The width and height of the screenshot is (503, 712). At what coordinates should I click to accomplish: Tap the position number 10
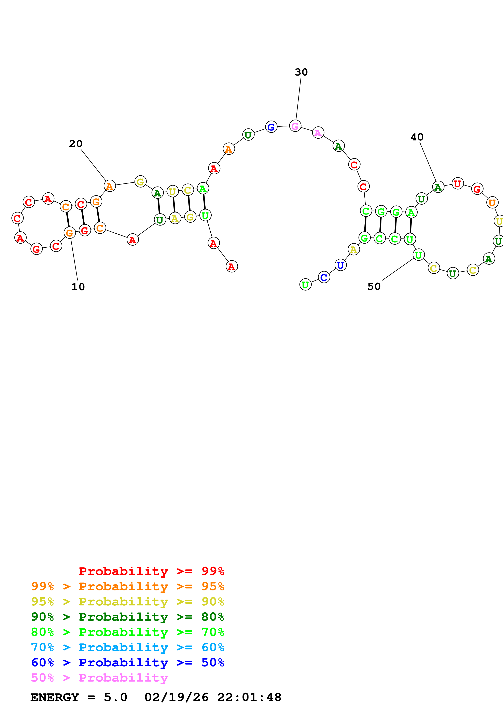click(x=78, y=287)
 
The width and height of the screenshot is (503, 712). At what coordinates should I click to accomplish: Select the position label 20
click(x=76, y=144)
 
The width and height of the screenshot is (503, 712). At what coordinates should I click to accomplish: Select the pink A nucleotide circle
click(x=318, y=133)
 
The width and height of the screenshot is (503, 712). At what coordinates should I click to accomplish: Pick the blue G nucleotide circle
click(x=271, y=127)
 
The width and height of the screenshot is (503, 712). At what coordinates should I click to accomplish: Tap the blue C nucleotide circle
click(x=324, y=277)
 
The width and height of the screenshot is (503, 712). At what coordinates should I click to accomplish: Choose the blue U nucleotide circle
click(x=340, y=265)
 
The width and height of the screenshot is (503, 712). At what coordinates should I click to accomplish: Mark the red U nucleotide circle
click(x=457, y=184)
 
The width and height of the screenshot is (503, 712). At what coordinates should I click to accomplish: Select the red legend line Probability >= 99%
click(x=151, y=571)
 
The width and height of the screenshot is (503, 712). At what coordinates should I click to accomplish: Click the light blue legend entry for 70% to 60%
click(x=127, y=647)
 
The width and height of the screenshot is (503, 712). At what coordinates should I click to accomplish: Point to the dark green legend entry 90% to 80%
click(x=127, y=617)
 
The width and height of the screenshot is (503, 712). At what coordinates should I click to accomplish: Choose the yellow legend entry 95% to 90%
click(x=127, y=602)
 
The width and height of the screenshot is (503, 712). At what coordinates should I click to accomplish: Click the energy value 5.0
click(x=115, y=697)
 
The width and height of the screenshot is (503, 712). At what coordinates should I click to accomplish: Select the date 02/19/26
click(x=177, y=697)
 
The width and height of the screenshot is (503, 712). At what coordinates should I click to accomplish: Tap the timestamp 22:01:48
click(x=249, y=697)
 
